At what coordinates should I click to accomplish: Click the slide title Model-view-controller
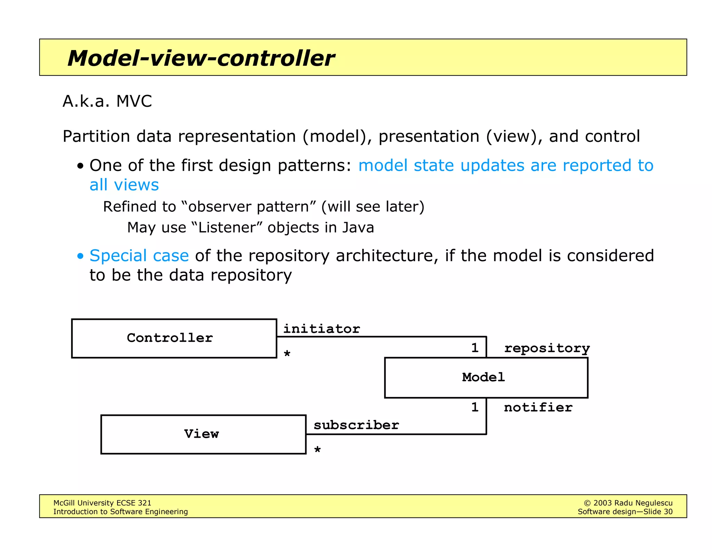(201, 58)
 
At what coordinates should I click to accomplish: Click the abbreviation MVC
(134, 102)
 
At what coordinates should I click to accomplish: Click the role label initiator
(322, 329)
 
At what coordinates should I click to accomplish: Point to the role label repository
(547, 348)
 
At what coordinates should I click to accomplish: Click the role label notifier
(538, 407)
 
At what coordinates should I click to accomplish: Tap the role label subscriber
(356, 425)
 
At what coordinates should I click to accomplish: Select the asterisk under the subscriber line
(317, 450)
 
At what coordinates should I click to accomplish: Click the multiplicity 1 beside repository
(475, 348)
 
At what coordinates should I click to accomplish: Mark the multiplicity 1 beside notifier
(475, 407)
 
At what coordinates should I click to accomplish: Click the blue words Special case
(139, 256)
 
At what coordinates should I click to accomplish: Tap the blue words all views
(124, 185)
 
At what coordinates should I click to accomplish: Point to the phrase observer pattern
(248, 207)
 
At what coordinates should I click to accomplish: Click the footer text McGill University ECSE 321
(102, 503)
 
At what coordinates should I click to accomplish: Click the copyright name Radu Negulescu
(643, 503)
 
